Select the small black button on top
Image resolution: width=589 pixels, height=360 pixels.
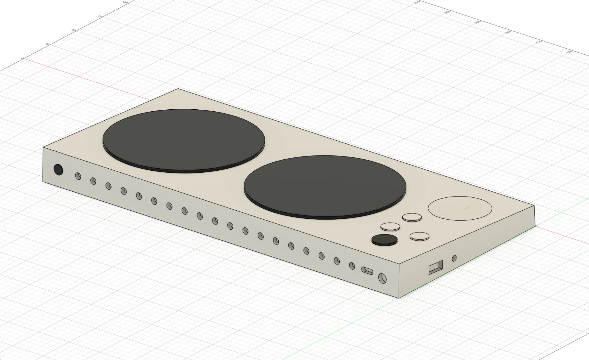click(384, 239)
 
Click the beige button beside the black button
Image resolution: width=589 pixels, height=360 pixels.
click(390, 227)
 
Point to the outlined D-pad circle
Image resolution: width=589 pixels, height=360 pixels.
click(460, 208)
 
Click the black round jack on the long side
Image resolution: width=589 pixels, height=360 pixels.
click(58, 169)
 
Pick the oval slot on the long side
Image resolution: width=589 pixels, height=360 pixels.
click(367, 271)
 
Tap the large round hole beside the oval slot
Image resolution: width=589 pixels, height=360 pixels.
click(382, 278)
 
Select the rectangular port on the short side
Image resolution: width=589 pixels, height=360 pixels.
click(436, 268)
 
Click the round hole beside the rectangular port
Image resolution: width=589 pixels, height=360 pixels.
click(454, 258)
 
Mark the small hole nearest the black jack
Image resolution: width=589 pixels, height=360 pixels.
click(78, 176)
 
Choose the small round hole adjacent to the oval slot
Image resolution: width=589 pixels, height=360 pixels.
click(352, 266)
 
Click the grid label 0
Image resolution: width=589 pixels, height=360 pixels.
click(23, 58)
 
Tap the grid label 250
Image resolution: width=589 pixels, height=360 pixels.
click(447, 12)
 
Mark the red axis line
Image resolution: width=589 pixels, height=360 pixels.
click(115, 87)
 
